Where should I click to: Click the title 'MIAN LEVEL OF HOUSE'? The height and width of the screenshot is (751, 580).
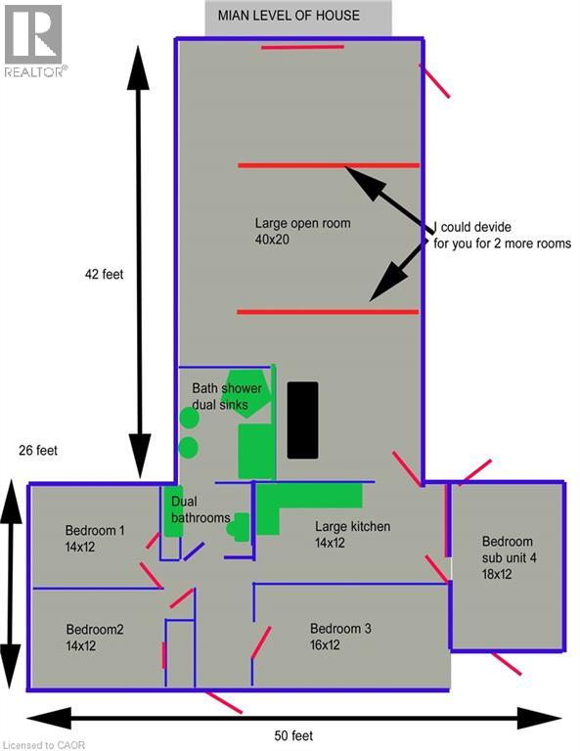tap(297, 16)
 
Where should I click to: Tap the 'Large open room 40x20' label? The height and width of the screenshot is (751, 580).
tap(302, 231)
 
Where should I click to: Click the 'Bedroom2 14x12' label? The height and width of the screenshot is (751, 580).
tap(95, 638)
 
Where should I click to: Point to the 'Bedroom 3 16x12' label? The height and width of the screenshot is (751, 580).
tap(340, 637)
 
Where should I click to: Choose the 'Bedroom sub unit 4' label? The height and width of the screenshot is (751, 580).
tap(508, 557)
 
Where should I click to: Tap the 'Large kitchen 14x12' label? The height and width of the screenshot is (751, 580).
tap(352, 534)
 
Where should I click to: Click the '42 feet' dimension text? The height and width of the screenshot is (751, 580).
tap(104, 275)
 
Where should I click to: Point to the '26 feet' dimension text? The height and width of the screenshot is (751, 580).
tap(38, 451)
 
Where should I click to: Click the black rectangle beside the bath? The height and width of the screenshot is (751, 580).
tap(302, 420)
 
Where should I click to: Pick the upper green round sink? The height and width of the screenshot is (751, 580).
tap(190, 418)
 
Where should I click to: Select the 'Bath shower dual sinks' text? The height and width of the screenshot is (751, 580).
tap(226, 396)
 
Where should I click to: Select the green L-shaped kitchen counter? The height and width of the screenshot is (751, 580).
tap(303, 504)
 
